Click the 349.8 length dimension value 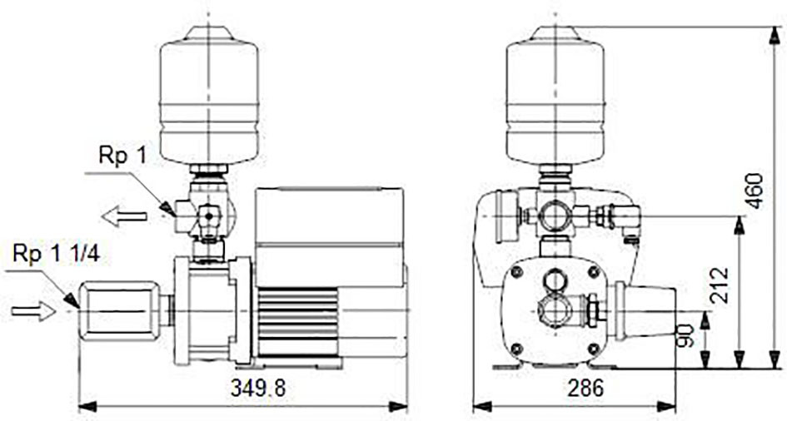(257, 389)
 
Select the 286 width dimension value (585, 389)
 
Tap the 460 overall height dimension (755, 191)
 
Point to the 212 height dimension (720, 285)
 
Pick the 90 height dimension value (686, 335)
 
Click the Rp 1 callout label (122, 156)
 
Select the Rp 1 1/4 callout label (57, 254)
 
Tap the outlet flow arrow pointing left (124, 216)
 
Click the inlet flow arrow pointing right (33, 311)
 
